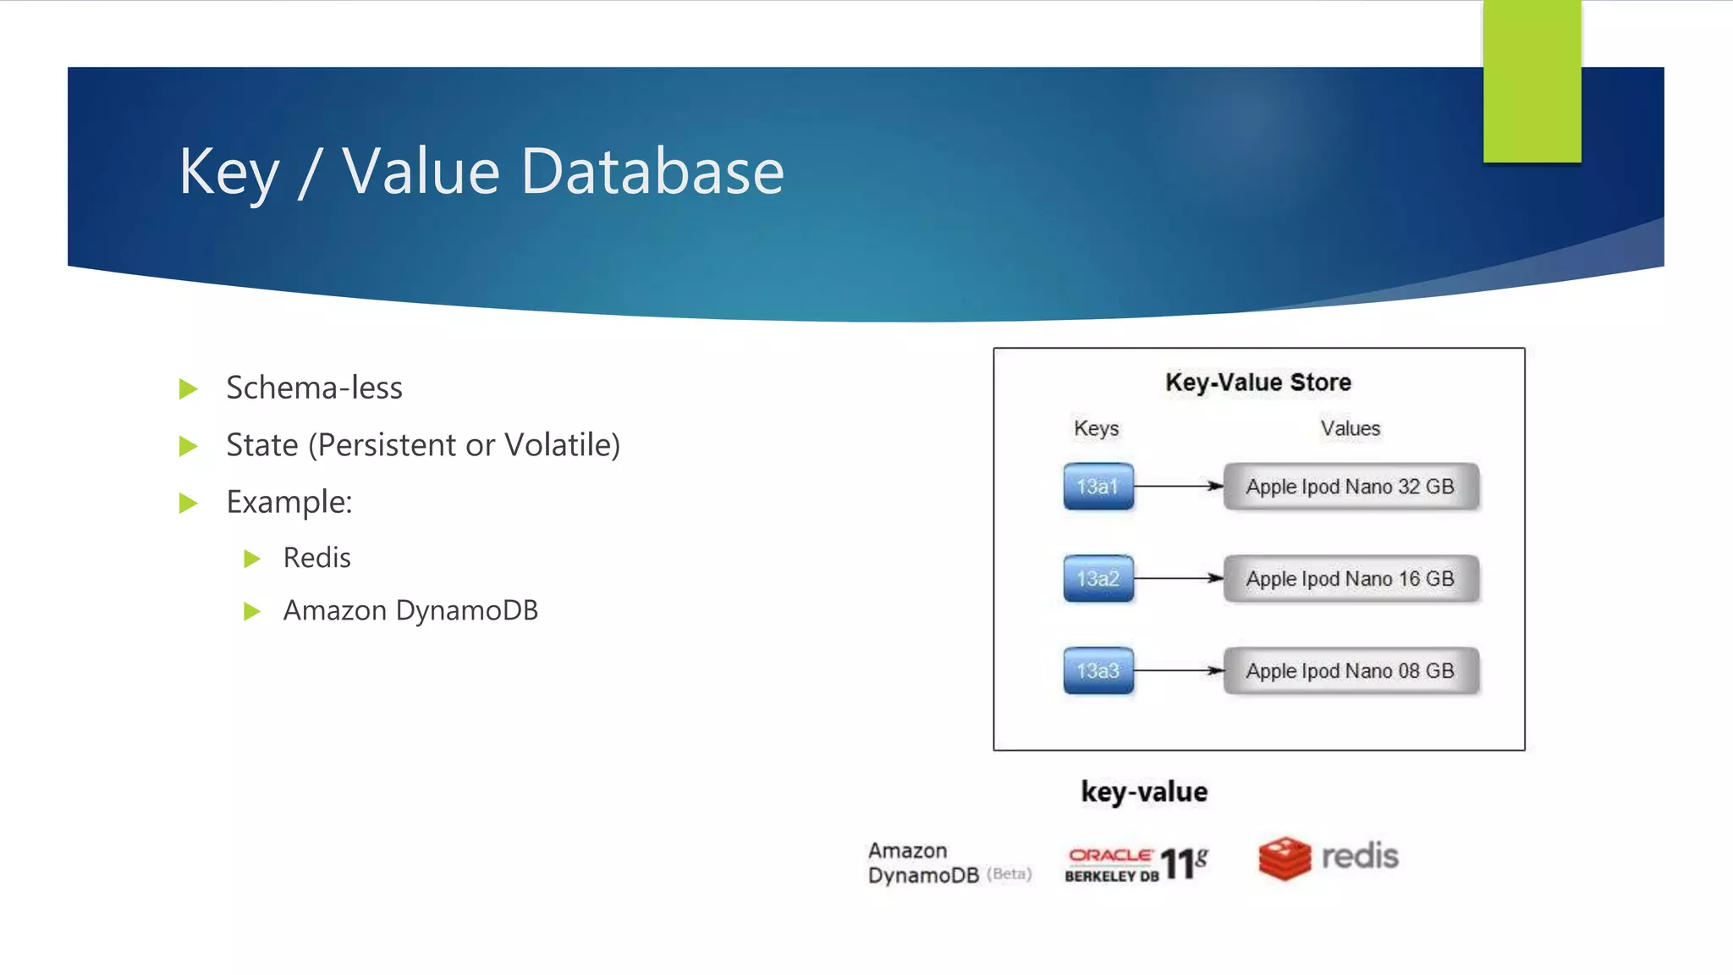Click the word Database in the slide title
[652, 172]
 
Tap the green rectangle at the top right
[1532, 81]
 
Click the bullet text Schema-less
[314, 388]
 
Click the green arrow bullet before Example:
[189, 504]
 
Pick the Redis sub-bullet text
[316, 558]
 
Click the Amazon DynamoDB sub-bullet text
[410, 610]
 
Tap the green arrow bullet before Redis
[251, 559]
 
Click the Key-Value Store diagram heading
[1257, 383]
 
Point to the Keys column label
[1096, 428]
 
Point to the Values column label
[1350, 428]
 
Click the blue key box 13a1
[1098, 487]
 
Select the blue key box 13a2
[1098, 579]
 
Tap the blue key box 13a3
[1098, 671]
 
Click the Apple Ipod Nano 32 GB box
[1350, 487]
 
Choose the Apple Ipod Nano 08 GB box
[1350, 671]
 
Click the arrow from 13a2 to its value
[1178, 578]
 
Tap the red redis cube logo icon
[1284, 858]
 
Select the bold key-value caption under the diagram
[1144, 792]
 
